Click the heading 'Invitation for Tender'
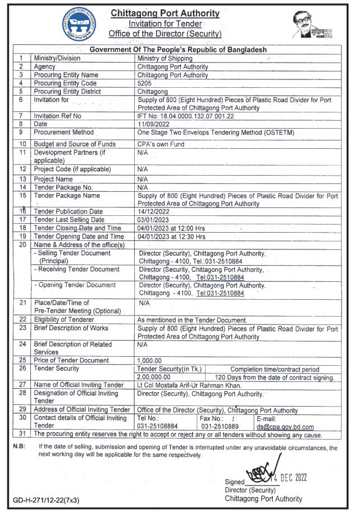click(x=165, y=23)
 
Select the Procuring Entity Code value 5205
click(x=145, y=83)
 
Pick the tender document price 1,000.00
click(x=149, y=361)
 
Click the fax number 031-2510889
click(x=221, y=427)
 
